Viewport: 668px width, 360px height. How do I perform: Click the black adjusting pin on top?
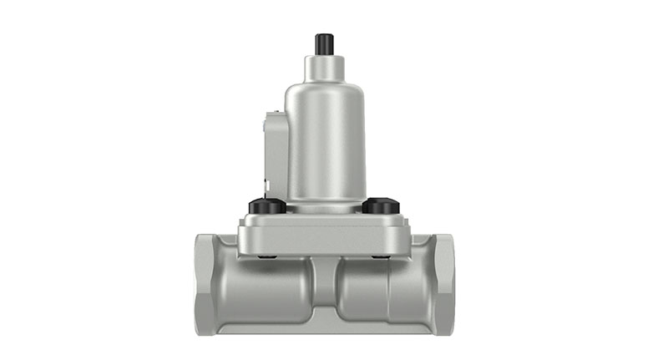pyautogui.click(x=325, y=43)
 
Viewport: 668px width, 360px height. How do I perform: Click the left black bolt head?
pyautogui.click(x=266, y=205)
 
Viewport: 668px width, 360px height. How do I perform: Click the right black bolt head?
pyautogui.click(x=381, y=205)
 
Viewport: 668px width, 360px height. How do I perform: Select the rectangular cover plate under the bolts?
pyautogui.click(x=325, y=236)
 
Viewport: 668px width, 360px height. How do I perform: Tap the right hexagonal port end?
pyautogui.click(x=443, y=284)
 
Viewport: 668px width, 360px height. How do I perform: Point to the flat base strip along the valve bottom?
pyautogui.click(x=325, y=328)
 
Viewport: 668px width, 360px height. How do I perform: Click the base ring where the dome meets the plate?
pyautogui.click(x=325, y=206)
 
